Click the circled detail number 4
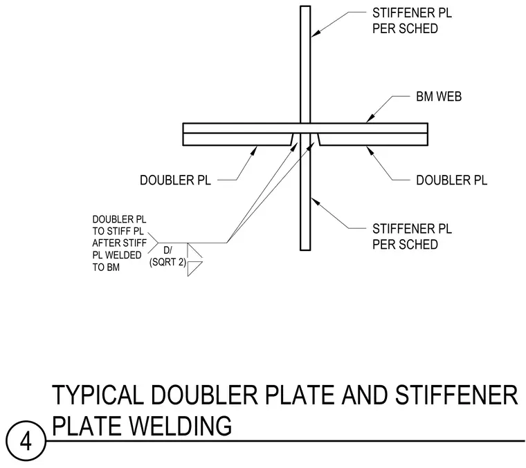point(26,442)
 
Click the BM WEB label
point(439,97)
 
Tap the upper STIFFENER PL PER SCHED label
point(412,21)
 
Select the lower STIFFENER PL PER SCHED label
point(412,236)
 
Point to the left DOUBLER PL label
point(175,180)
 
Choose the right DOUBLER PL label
point(451,180)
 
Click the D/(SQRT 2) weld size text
point(167,256)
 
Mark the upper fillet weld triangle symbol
point(194,250)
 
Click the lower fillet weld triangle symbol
point(194,269)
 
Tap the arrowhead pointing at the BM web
point(370,118)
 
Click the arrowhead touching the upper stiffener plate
point(316,32)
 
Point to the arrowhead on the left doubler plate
point(254,151)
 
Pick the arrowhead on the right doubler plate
point(370,151)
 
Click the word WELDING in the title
point(180,426)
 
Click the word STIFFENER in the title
point(457,395)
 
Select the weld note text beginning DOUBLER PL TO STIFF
point(120,243)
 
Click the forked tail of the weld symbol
point(153,243)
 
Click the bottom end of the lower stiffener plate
point(305,250)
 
